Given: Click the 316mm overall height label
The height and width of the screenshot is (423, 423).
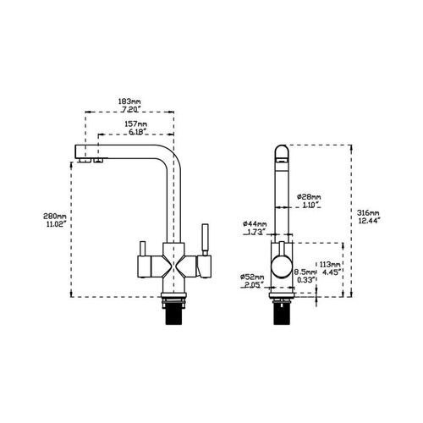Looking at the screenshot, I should (x=369, y=212).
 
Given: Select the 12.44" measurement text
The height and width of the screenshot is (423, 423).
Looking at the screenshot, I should (x=369, y=221).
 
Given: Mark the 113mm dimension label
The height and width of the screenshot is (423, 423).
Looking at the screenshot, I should (x=330, y=263).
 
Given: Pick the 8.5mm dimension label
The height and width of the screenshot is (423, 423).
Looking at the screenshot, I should (x=304, y=272).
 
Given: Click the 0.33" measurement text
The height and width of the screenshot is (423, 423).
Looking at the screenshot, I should (x=304, y=281).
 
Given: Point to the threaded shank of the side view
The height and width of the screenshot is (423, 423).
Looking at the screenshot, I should (x=281, y=316).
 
